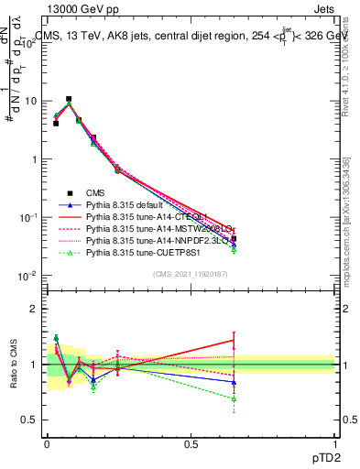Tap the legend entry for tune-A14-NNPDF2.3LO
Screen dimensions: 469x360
pyautogui.click(x=157, y=242)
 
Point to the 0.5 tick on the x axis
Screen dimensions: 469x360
pyautogui.click(x=191, y=444)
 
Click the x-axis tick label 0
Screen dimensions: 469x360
pyautogui.click(x=48, y=444)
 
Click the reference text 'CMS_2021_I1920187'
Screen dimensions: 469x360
pyautogui.click(x=191, y=274)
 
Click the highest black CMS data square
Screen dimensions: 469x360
pyautogui.click(x=69, y=99)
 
